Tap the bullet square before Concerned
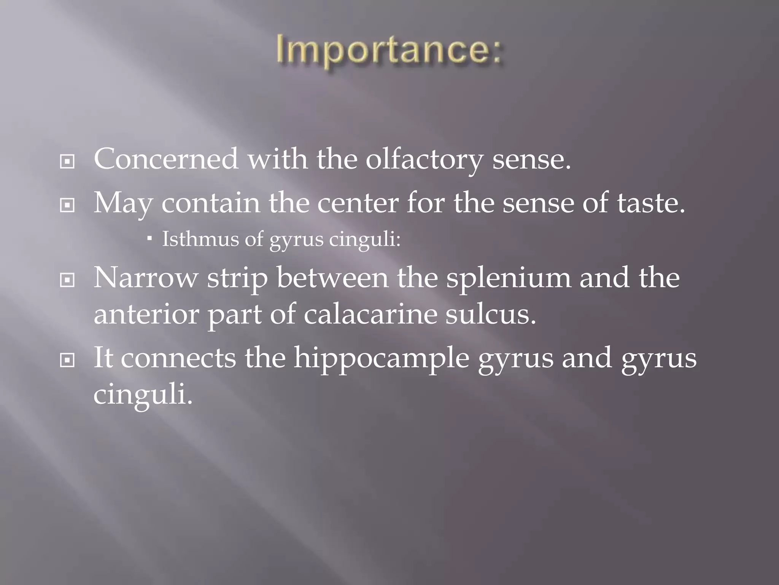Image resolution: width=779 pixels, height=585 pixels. pos(67,162)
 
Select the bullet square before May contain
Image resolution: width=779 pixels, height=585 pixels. pos(67,206)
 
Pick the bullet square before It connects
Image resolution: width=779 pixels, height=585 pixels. pos(67,361)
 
